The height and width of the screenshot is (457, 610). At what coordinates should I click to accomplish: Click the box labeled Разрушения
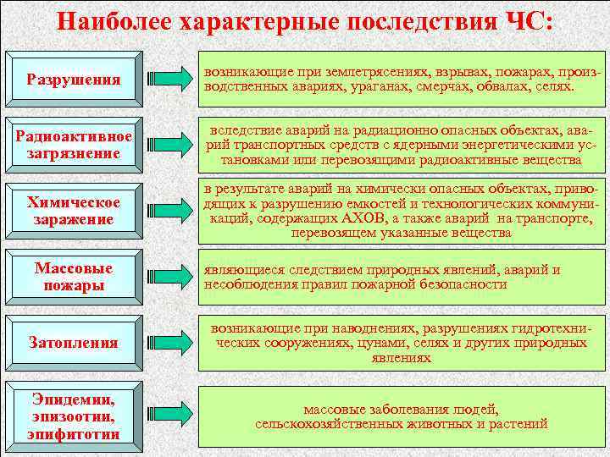coord(74,80)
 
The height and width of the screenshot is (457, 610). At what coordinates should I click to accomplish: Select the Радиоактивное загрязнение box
coord(74,145)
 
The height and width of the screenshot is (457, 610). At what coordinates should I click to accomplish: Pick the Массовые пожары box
coord(74,276)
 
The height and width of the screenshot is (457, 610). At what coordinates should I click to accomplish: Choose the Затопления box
coord(74,343)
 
